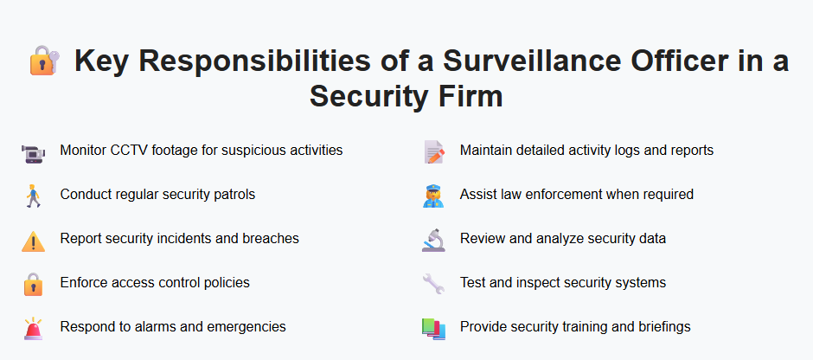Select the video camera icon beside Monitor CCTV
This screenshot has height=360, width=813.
tap(33, 152)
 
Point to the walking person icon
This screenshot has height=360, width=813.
tap(33, 196)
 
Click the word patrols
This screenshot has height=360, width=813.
tap(232, 195)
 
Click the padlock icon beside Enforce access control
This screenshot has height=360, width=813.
tap(33, 285)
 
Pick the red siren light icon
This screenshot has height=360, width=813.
tap(33, 329)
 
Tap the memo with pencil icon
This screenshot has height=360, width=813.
tap(433, 152)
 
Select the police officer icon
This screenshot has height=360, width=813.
tap(433, 196)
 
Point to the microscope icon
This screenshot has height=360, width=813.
tap(433, 241)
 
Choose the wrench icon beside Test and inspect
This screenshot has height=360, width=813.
tap(433, 285)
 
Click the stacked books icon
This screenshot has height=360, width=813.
tap(433, 329)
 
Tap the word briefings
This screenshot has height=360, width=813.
tap(660, 327)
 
